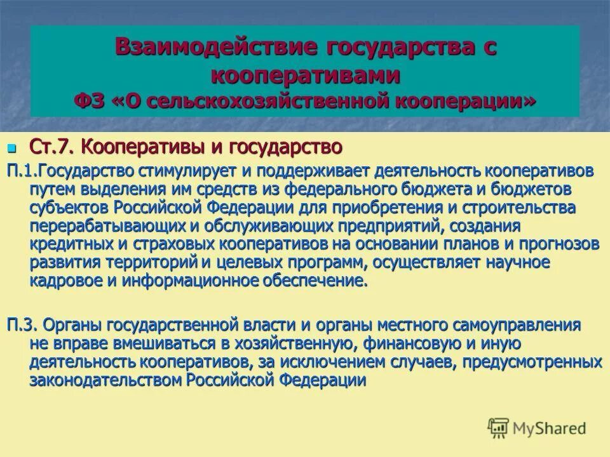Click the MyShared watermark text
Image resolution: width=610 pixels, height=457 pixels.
[x=550, y=428]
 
